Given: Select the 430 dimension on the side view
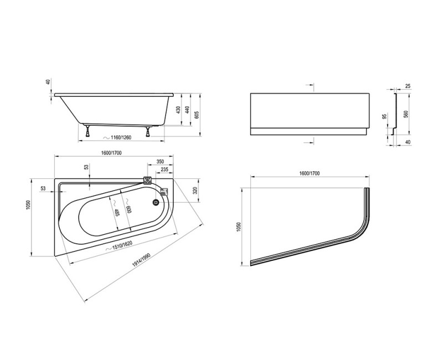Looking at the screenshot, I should pyautogui.click(x=177, y=110).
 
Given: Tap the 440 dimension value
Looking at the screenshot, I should pyautogui.click(x=187, y=111).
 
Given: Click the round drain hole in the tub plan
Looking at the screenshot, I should pyautogui.click(x=154, y=202).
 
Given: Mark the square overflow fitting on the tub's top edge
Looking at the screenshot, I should pyautogui.click(x=147, y=180).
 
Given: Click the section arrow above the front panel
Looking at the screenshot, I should pyautogui.click(x=310, y=86).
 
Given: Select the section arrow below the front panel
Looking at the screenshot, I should pyautogui.click(x=310, y=142).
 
